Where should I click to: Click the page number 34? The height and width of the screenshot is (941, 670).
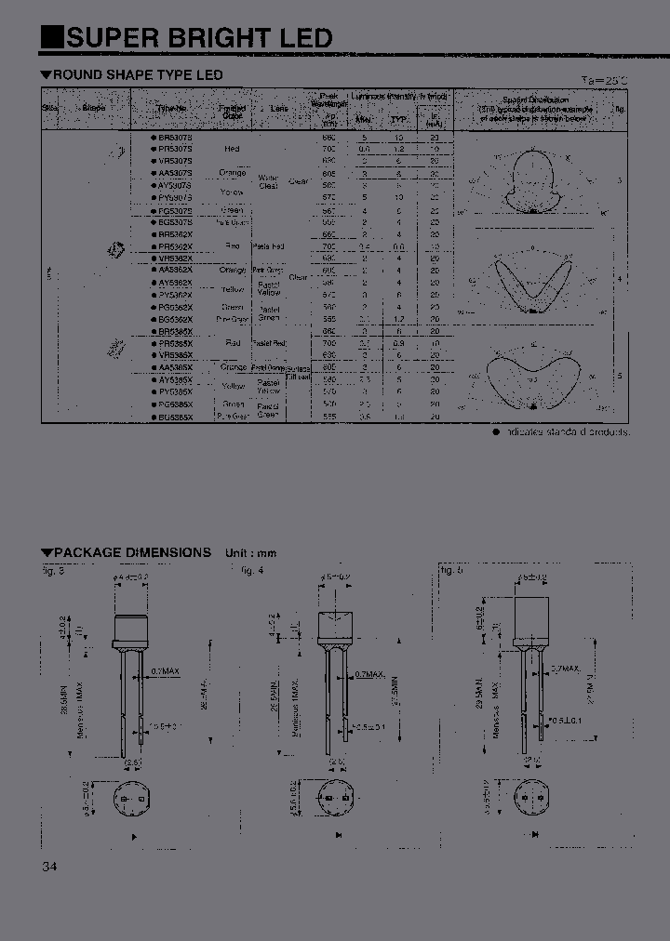pyautogui.click(x=49, y=867)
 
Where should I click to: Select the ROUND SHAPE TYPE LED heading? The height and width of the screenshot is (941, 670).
pyautogui.click(x=137, y=74)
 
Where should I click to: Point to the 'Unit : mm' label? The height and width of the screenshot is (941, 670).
pyautogui.click(x=250, y=552)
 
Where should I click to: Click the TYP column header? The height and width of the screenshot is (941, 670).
pyautogui.click(x=398, y=120)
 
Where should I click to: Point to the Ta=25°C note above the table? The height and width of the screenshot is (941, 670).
pyautogui.click(x=604, y=81)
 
